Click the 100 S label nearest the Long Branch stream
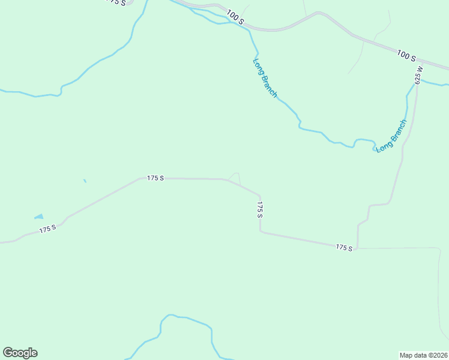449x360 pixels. click(236, 17)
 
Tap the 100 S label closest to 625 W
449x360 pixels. click(406, 56)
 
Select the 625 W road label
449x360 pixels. click(418, 74)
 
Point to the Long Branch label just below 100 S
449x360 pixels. click(265, 77)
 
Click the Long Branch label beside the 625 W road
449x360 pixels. click(391, 136)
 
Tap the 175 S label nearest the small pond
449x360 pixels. click(48, 229)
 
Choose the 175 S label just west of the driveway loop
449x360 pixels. click(155, 178)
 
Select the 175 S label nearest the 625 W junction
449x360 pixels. click(344, 247)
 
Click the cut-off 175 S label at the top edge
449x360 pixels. click(117, 2)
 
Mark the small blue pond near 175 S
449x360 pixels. click(39, 217)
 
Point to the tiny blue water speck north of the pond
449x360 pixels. click(85, 181)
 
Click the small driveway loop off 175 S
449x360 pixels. click(235, 178)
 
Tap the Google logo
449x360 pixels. click(20, 353)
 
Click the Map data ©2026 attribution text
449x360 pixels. click(423, 355)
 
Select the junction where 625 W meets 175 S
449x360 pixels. click(358, 248)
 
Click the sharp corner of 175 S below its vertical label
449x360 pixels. click(260, 231)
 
